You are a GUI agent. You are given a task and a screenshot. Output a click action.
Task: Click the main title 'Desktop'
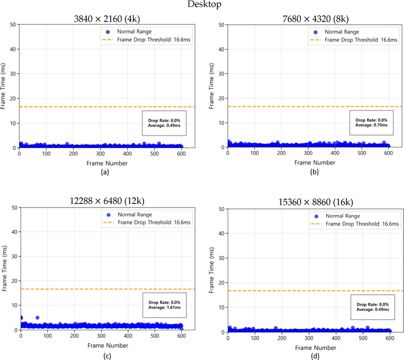201,6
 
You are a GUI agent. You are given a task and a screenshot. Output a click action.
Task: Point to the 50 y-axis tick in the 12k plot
13,207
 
